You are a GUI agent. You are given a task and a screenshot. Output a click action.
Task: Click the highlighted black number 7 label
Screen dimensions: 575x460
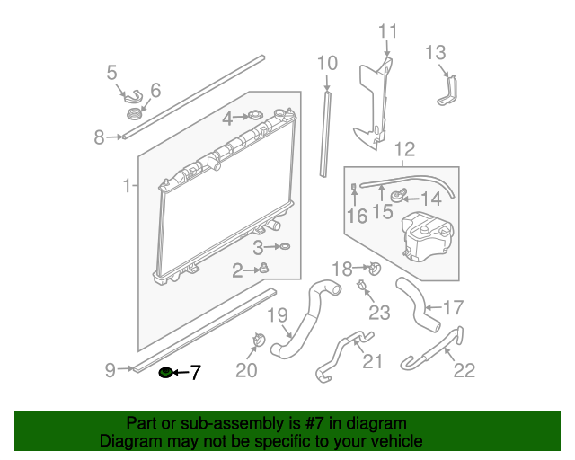click(195, 373)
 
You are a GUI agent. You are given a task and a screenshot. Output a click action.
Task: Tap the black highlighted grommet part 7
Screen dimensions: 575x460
click(165, 373)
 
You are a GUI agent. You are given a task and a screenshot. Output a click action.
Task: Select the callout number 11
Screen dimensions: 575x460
click(387, 31)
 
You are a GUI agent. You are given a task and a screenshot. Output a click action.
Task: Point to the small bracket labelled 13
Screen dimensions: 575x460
click(448, 91)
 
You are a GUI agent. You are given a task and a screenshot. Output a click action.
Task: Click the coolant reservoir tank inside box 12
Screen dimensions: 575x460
click(427, 236)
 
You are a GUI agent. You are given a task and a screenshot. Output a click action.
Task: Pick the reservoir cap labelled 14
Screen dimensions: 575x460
click(398, 196)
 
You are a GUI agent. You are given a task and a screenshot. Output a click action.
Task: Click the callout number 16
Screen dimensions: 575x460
click(357, 216)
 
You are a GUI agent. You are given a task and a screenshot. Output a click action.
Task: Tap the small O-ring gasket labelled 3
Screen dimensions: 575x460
click(285, 246)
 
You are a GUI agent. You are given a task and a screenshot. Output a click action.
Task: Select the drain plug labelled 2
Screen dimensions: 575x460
click(264, 268)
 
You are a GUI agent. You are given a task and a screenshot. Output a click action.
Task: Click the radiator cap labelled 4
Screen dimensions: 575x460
click(255, 116)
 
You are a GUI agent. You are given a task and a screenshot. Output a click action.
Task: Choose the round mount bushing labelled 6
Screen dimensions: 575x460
click(135, 114)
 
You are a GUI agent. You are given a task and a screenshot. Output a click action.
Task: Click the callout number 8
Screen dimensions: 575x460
click(99, 137)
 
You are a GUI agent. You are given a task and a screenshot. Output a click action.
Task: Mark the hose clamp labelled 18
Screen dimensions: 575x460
click(375, 269)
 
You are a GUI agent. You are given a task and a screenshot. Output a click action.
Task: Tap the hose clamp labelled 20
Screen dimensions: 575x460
click(259, 340)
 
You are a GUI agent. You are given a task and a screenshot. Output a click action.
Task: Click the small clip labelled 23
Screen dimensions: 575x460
click(361, 285)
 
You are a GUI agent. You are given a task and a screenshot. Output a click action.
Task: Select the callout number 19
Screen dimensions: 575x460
click(278, 315)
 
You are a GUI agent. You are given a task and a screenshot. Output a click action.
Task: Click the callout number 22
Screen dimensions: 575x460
click(464, 370)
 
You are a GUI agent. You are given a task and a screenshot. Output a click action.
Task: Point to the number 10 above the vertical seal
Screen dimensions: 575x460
click(327, 64)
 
